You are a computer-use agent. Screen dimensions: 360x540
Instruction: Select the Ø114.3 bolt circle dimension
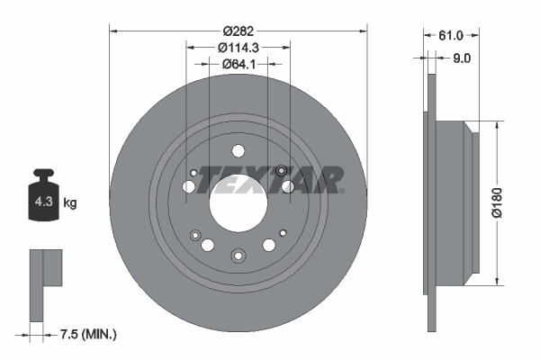pos(238,47)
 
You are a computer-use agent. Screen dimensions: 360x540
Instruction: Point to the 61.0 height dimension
pos(450,36)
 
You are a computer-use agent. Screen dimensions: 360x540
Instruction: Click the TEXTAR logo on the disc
pos(269,179)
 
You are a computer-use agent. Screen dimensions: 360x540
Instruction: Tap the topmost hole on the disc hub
pos(238,150)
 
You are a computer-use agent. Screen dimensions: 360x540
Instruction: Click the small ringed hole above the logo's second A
pos(282,171)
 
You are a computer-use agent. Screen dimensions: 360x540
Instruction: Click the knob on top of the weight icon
pos(42,174)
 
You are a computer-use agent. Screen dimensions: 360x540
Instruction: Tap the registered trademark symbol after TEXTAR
pos(341,191)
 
